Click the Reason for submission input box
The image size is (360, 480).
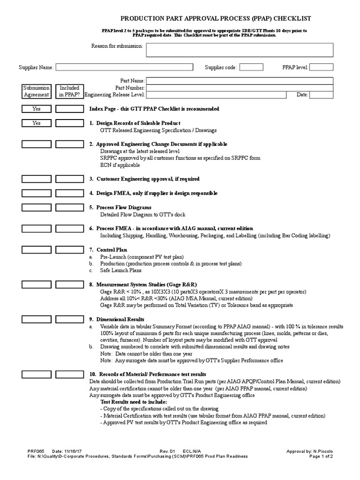coord(240,50)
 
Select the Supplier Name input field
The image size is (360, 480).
coord(126,67)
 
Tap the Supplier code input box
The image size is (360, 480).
coord(251,67)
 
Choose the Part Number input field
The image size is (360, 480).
coord(240,88)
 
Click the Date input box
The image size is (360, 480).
coord(321,95)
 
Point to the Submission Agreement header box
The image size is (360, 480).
coord(36,91)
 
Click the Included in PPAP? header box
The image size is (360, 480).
coord(69,91)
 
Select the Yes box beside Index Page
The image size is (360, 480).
coord(36,109)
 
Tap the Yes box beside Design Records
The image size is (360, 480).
coord(36,123)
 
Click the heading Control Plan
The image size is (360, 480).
coord(112,250)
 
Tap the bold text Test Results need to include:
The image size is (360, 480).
coord(133,402)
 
